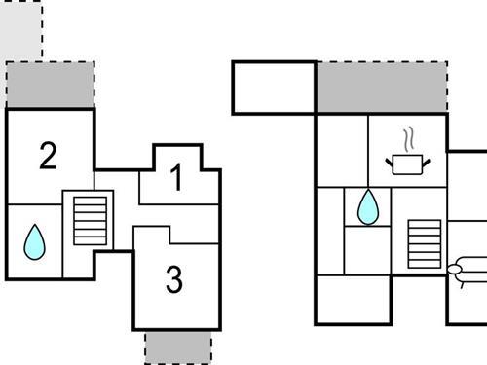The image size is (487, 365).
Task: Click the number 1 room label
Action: [x=176, y=178]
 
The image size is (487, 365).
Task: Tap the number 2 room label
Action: [x=47, y=156]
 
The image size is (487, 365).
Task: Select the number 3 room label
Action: [x=173, y=280]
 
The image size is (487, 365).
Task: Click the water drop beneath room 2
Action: [x=34, y=241]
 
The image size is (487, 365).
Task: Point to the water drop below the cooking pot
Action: [x=368, y=206]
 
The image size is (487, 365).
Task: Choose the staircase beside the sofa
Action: [x=424, y=245]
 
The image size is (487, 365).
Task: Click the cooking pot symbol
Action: [x=407, y=164]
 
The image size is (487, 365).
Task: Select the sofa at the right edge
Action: [x=469, y=268]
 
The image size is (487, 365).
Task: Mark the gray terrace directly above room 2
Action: [x=51, y=85]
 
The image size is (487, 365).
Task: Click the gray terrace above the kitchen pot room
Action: [x=380, y=88]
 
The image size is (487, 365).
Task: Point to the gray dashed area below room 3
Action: [x=177, y=346]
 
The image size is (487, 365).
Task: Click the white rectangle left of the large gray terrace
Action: [x=274, y=88]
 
